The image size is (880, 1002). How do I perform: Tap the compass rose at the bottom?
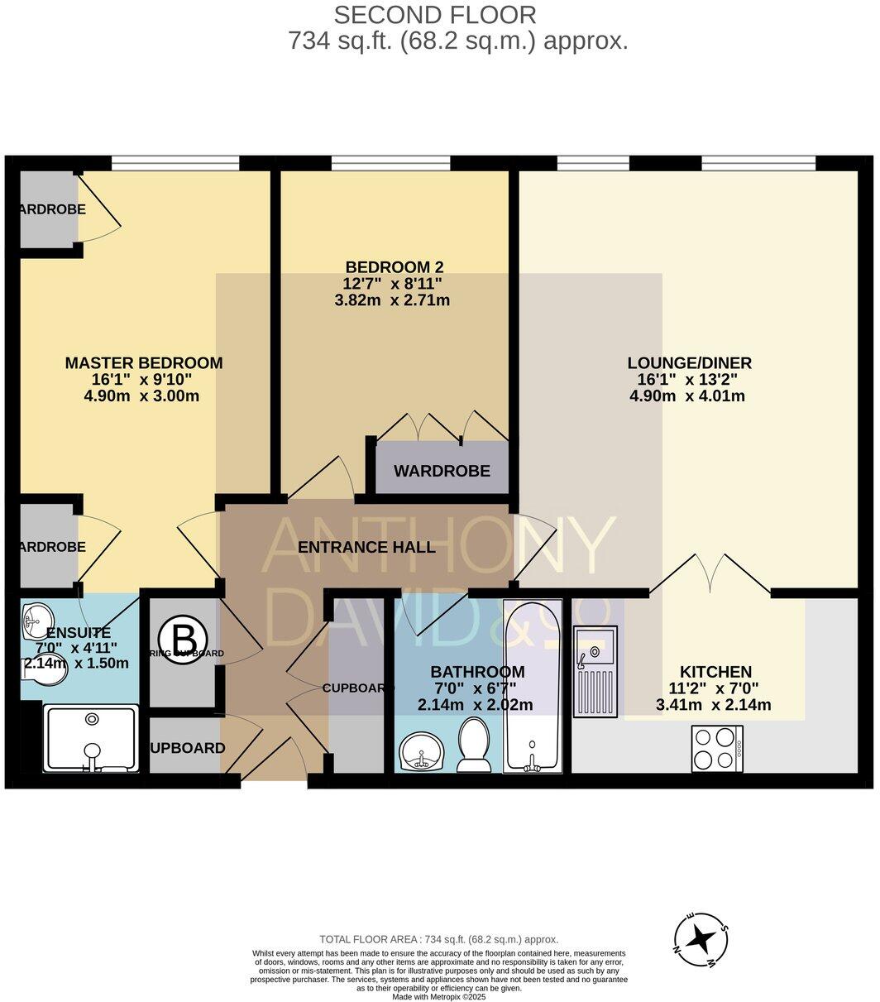[701, 940]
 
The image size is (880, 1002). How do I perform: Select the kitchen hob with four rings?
[716, 748]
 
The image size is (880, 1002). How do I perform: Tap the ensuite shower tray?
[90, 738]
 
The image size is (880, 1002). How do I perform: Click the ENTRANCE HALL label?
[366, 547]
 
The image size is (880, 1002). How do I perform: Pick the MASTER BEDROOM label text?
[144, 362]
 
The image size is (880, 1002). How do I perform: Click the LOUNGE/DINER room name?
[689, 362]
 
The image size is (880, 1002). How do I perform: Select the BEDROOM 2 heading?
[395, 267]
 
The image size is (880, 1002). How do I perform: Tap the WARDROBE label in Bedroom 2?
[442, 471]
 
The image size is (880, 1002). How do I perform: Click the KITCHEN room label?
[715, 672]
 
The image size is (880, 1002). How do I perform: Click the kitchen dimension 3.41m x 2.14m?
[713, 705]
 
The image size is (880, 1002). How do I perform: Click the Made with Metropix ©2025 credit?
[439, 997]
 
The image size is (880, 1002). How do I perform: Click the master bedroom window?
[175, 163]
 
